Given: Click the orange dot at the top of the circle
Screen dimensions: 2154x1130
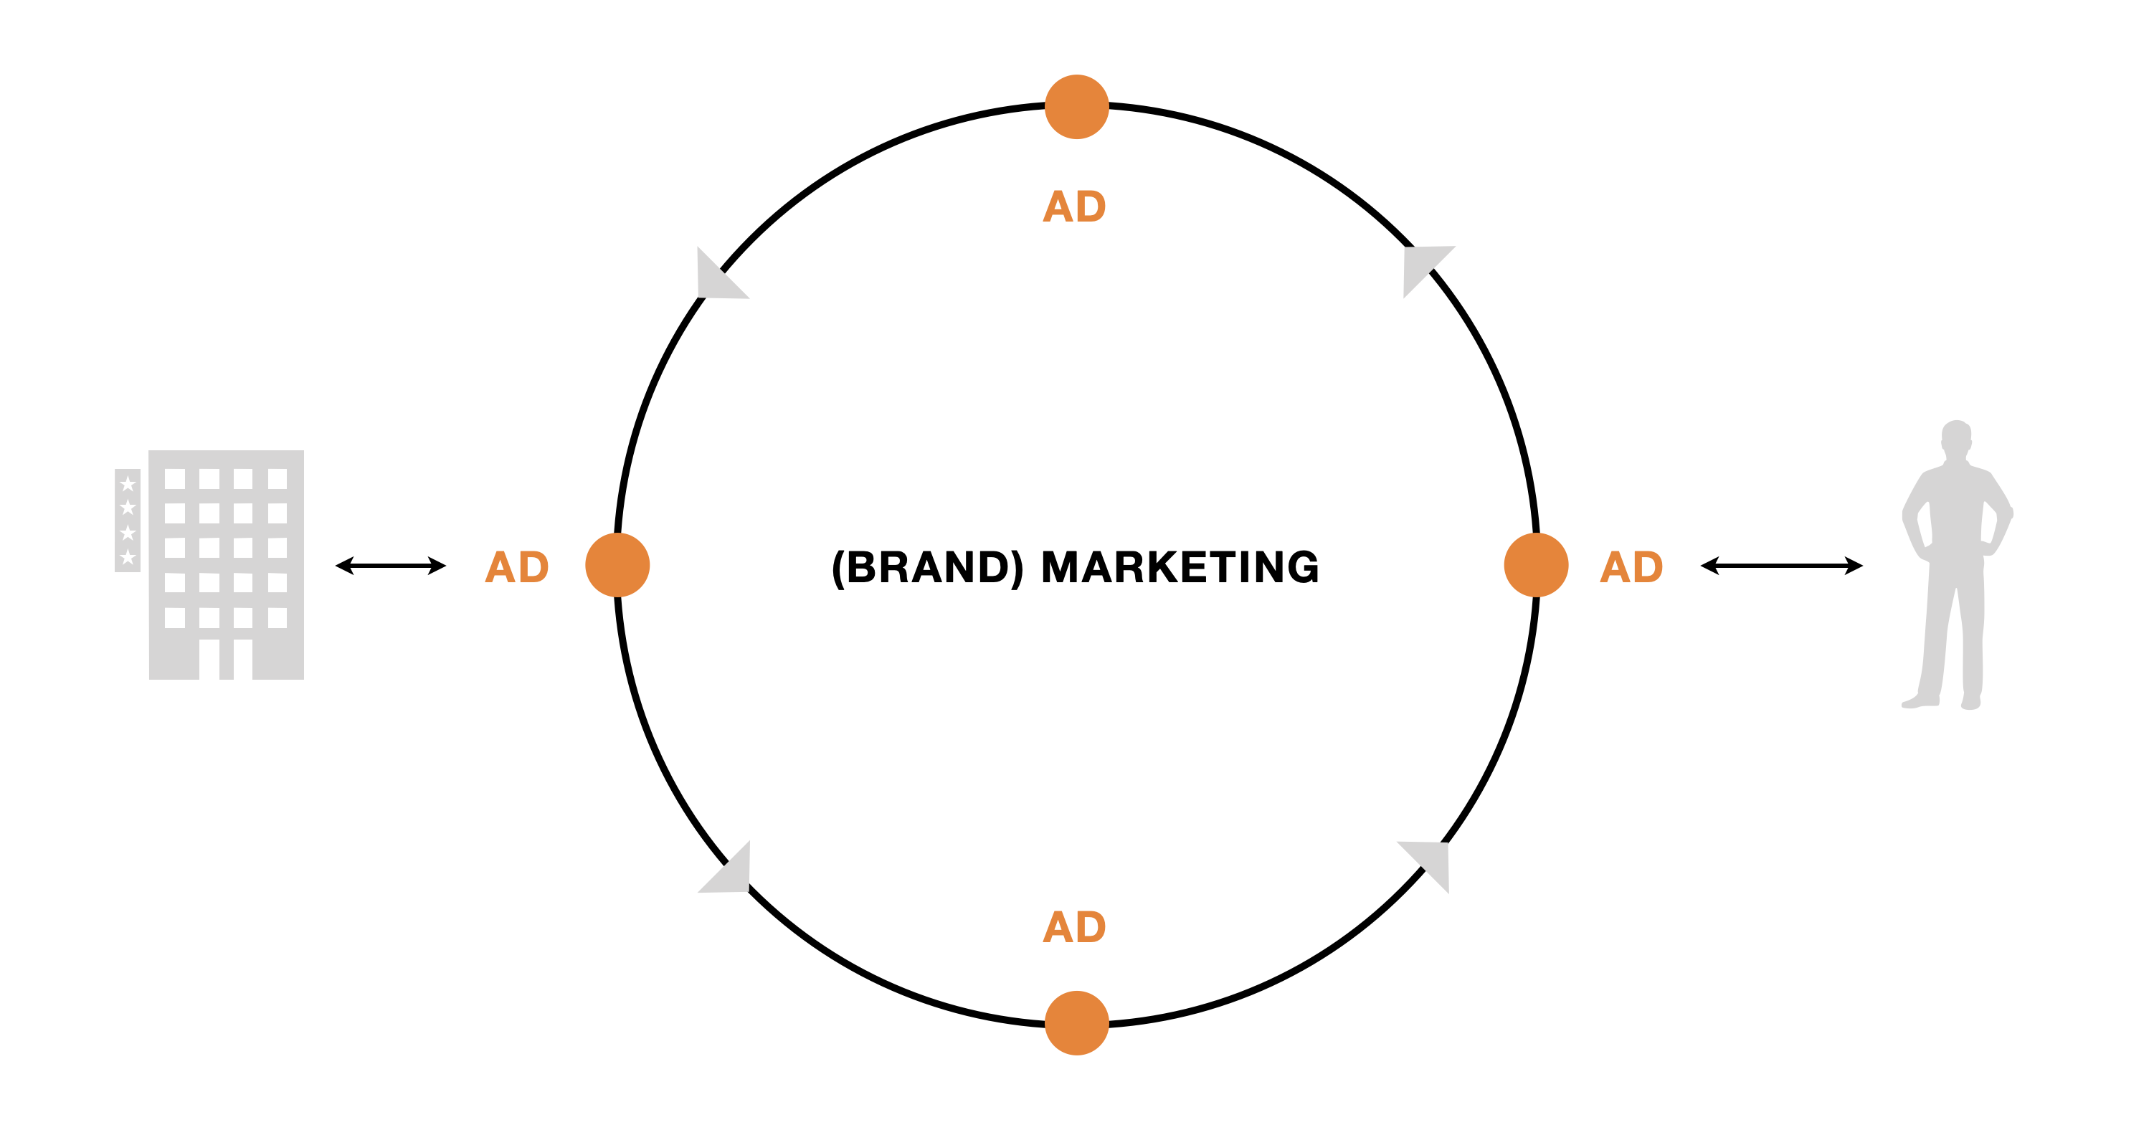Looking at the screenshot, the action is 1077,107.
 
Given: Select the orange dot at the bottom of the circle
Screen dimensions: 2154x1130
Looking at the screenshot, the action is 1077,1023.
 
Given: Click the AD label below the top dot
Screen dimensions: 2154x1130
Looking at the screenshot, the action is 1075,206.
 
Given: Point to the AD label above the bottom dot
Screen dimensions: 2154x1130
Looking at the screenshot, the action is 1075,927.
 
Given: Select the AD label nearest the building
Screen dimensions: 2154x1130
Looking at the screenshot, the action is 517,567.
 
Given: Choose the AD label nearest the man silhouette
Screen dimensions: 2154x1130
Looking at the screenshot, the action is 1631,567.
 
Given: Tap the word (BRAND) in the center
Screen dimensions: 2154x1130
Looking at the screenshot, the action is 927,567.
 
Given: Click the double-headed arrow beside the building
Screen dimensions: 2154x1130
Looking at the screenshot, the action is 391,566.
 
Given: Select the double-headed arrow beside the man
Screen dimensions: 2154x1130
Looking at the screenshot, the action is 1782,566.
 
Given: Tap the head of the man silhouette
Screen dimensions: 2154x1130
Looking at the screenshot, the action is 1956,437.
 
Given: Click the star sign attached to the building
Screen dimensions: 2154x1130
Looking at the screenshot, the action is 127,521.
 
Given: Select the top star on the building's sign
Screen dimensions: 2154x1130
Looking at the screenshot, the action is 127,483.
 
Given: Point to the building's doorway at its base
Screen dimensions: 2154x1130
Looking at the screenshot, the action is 226,659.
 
